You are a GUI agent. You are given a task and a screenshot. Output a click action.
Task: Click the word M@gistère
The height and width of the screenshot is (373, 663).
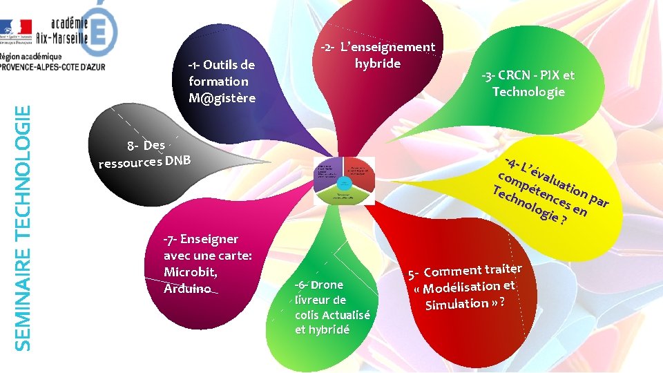coord(222,97)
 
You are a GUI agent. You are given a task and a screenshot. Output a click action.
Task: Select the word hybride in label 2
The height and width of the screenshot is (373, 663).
coord(377,64)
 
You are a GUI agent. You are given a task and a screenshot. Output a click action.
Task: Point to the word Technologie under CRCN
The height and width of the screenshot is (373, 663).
coord(528,92)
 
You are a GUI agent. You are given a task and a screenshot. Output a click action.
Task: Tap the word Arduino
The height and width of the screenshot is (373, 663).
coord(187,288)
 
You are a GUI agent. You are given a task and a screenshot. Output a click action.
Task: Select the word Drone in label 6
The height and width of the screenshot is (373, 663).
coord(327,285)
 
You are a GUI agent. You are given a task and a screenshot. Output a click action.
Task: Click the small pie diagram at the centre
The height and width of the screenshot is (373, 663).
coord(345,183)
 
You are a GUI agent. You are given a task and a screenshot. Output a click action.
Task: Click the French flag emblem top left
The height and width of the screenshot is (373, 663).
coord(17,28)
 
